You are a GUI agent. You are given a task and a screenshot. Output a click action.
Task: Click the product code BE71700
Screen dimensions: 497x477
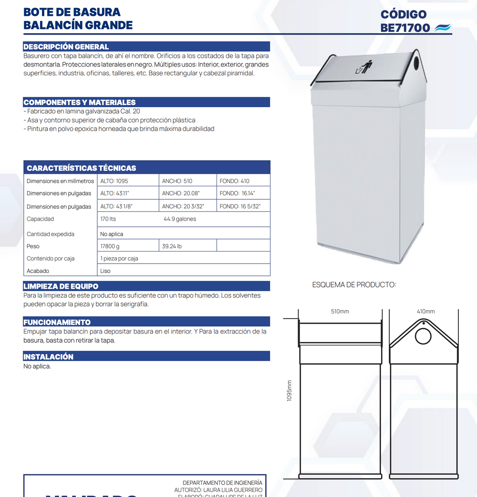[x=405, y=28]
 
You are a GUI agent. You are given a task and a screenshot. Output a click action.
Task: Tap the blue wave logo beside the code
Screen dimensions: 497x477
[x=443, y=28]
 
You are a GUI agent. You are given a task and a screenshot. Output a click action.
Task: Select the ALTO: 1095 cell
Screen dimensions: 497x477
[x=114, y=181]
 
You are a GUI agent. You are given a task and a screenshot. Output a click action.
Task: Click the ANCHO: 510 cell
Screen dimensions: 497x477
[x=177, y=181]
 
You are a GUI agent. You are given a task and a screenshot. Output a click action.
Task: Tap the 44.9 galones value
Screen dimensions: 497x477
[x=180, y=219]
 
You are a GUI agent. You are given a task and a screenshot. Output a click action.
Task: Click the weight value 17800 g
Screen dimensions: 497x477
[x=110, y=246]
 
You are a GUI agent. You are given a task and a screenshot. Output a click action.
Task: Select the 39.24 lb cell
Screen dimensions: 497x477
[x=172, y=246]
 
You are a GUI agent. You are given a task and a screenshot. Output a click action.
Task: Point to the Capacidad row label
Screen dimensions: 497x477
[x=40, y=219]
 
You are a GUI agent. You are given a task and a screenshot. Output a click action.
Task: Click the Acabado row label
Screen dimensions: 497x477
[x=38, y=271]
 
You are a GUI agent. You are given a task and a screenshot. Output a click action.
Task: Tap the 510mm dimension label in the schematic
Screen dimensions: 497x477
[x=340, y=312]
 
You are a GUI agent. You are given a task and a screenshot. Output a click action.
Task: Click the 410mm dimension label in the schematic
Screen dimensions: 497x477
[x=426, y=312]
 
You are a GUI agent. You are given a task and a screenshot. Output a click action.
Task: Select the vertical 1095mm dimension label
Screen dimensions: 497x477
[x=289, y=390]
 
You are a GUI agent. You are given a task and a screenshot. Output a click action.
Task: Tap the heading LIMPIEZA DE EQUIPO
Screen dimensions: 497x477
[x=61, y=286]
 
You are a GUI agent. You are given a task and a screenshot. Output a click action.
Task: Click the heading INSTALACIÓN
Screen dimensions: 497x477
[x=48, y=357]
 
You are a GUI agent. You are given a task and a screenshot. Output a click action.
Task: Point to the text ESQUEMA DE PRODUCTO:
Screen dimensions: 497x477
[x=354, y=285]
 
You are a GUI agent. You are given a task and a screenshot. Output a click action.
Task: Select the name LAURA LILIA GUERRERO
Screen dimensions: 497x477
[x=233, y=490]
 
